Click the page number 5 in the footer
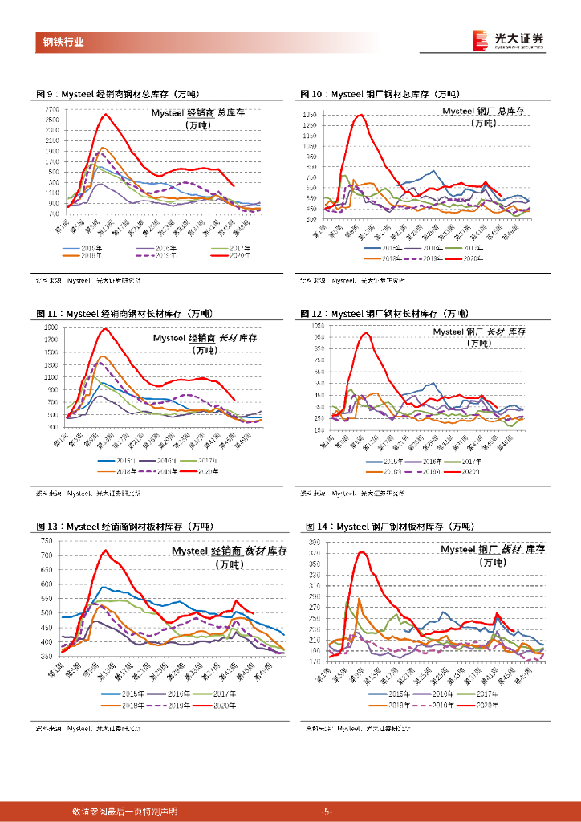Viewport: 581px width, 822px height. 326,811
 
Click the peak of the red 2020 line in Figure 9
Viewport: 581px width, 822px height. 105,114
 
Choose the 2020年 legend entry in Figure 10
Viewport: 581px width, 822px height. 471,258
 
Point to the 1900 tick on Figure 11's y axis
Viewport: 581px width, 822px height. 50,328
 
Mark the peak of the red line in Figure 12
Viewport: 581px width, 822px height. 365,332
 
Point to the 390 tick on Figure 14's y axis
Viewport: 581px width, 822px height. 315,543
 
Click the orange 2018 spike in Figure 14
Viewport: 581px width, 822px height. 359,598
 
